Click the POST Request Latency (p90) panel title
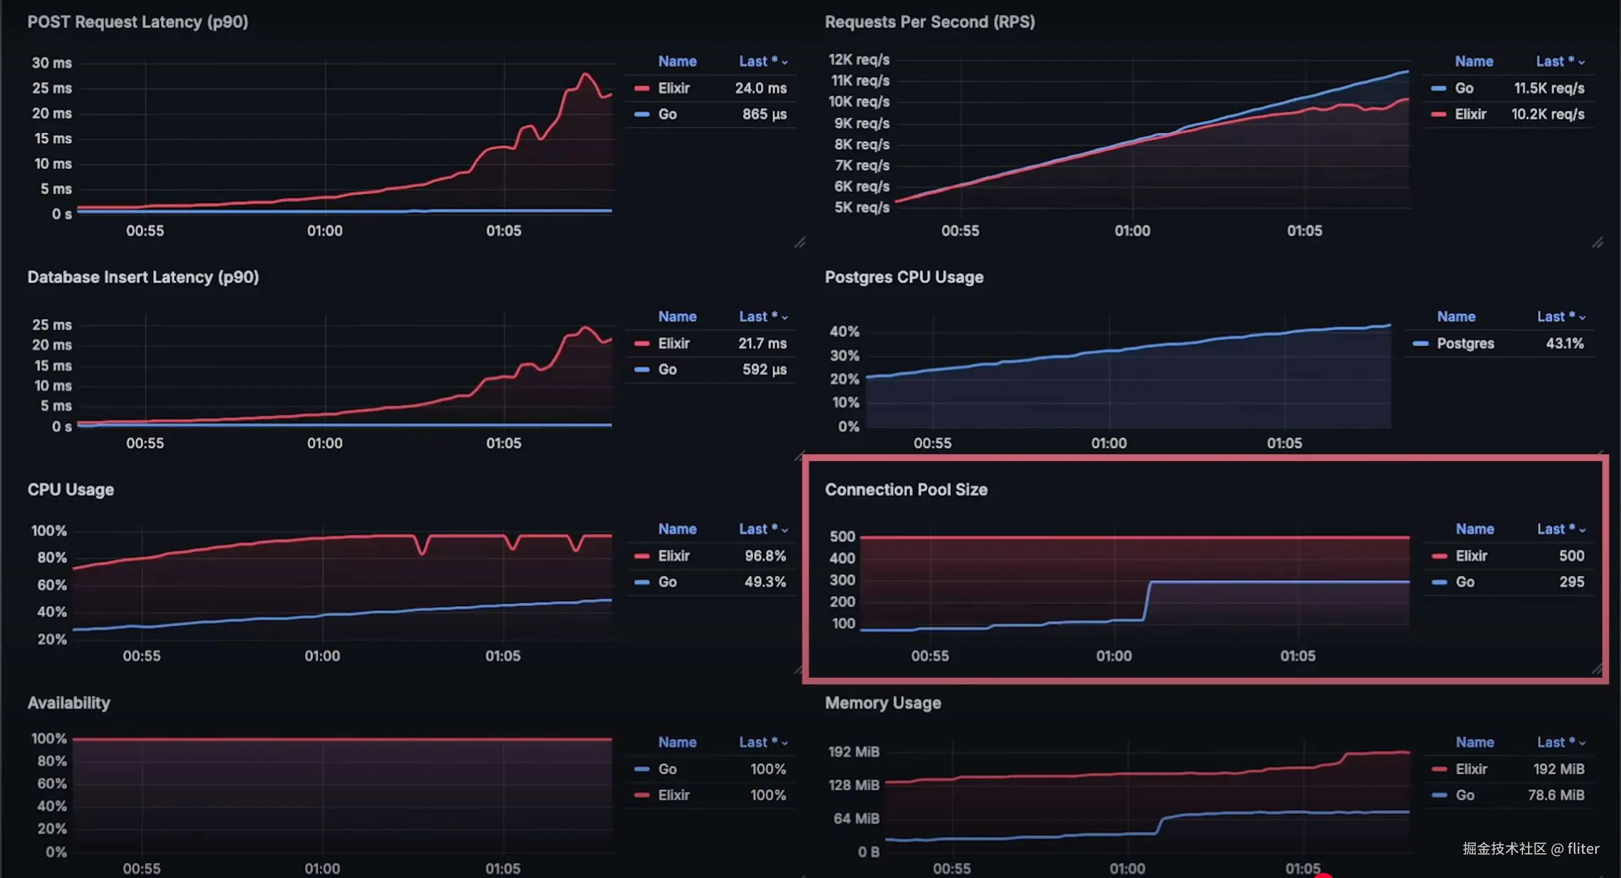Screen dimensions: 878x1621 coord(137,22)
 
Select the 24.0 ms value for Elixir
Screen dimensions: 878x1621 coord(760,88)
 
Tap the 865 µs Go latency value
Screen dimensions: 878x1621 coord(764,114)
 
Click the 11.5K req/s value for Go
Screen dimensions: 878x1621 coord(1549,88)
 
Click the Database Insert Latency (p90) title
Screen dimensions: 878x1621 coord(143,277)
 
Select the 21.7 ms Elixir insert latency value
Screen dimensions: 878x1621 coord(762,343)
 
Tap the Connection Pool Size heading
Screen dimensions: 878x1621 coord(906,490)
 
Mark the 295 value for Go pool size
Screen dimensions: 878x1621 coord(1571,582)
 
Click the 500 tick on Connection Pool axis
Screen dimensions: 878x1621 coord(842,536)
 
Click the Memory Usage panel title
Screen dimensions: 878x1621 coord(882,703)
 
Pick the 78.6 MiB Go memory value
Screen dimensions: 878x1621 coord(1556,795)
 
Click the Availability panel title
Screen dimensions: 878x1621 coord(69,703)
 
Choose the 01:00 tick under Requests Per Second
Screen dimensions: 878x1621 coord(1132,231)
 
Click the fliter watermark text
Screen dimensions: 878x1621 coord(1583,848)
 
